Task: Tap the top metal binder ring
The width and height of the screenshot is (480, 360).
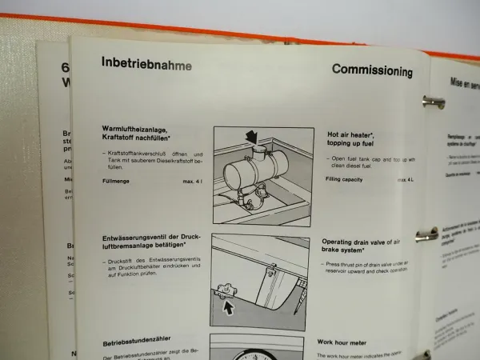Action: pos(433,101)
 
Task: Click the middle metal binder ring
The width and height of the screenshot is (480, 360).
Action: pos(426,234)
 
